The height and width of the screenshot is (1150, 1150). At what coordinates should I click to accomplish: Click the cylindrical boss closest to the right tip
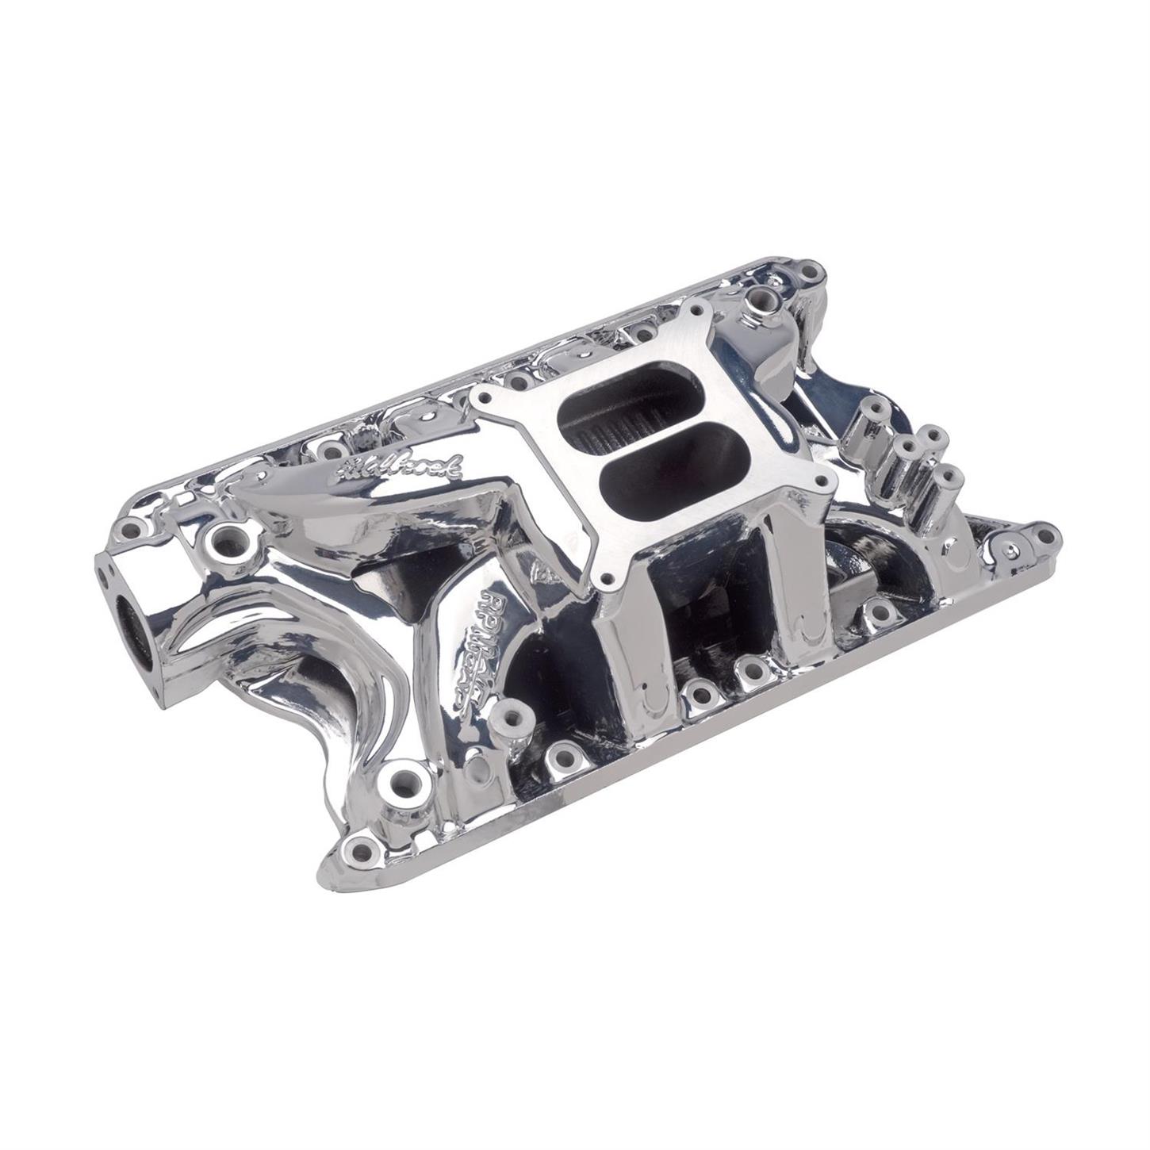(x=951, y=477)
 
